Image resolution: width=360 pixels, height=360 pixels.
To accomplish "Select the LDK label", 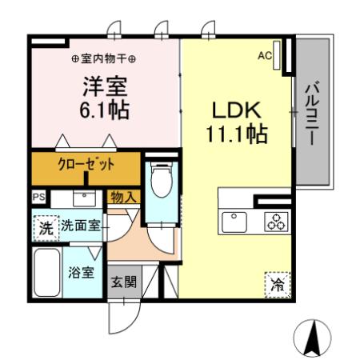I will (x=234, y=109).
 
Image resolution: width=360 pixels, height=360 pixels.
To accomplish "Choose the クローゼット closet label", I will (x=86, y=166).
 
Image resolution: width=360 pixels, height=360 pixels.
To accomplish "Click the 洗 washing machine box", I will (x=46, y=227).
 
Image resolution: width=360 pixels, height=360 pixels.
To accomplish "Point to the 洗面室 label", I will (x=81, y=226).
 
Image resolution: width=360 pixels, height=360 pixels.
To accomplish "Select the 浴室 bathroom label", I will (x=80, y=271).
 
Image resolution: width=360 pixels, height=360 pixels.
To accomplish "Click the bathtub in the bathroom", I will (x=46, y=272).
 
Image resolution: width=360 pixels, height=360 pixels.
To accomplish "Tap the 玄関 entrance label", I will (x=123, y=282).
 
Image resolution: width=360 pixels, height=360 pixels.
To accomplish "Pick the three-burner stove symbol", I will (x=275, y=222).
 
